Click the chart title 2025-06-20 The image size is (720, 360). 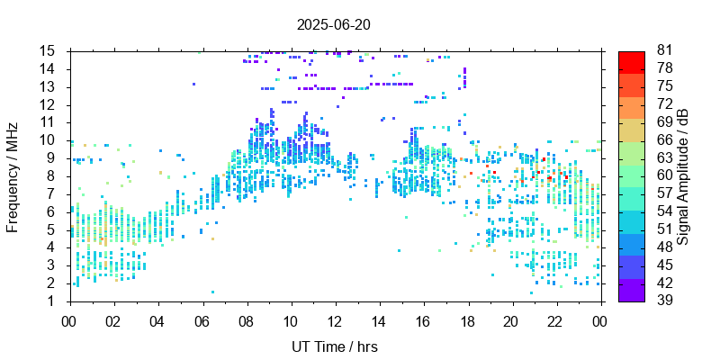click(x=333, y=24)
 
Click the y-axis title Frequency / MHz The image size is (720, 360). click(x=13, y=175)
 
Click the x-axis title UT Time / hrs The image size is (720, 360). click(x=334, y=346)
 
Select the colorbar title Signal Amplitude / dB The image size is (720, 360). click(x=684, y=175)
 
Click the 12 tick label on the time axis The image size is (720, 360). click(x=334, y=320)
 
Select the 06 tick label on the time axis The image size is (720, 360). click(x=202, y=320)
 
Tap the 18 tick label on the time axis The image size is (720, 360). click(x=467, y=320)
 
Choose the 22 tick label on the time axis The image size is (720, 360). click(x=555, y=320)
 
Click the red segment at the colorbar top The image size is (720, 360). click(x=632, y=61)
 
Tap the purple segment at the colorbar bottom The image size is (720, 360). click(x=632, y=291)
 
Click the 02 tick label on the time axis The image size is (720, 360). click(x=113, y=320)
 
